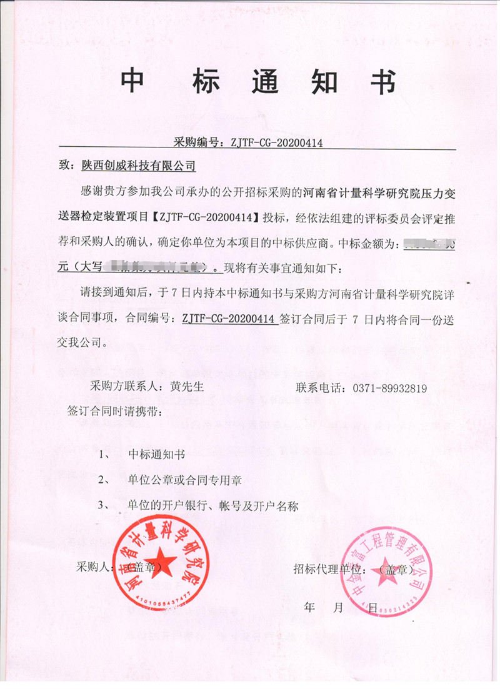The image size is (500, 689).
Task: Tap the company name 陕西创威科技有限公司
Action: (x=138, y=166)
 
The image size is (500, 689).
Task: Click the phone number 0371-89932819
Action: (x=388, y=388)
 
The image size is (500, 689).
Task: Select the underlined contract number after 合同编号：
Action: (x=229, y=318)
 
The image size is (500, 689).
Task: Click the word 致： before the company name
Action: (x=66, y=166)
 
